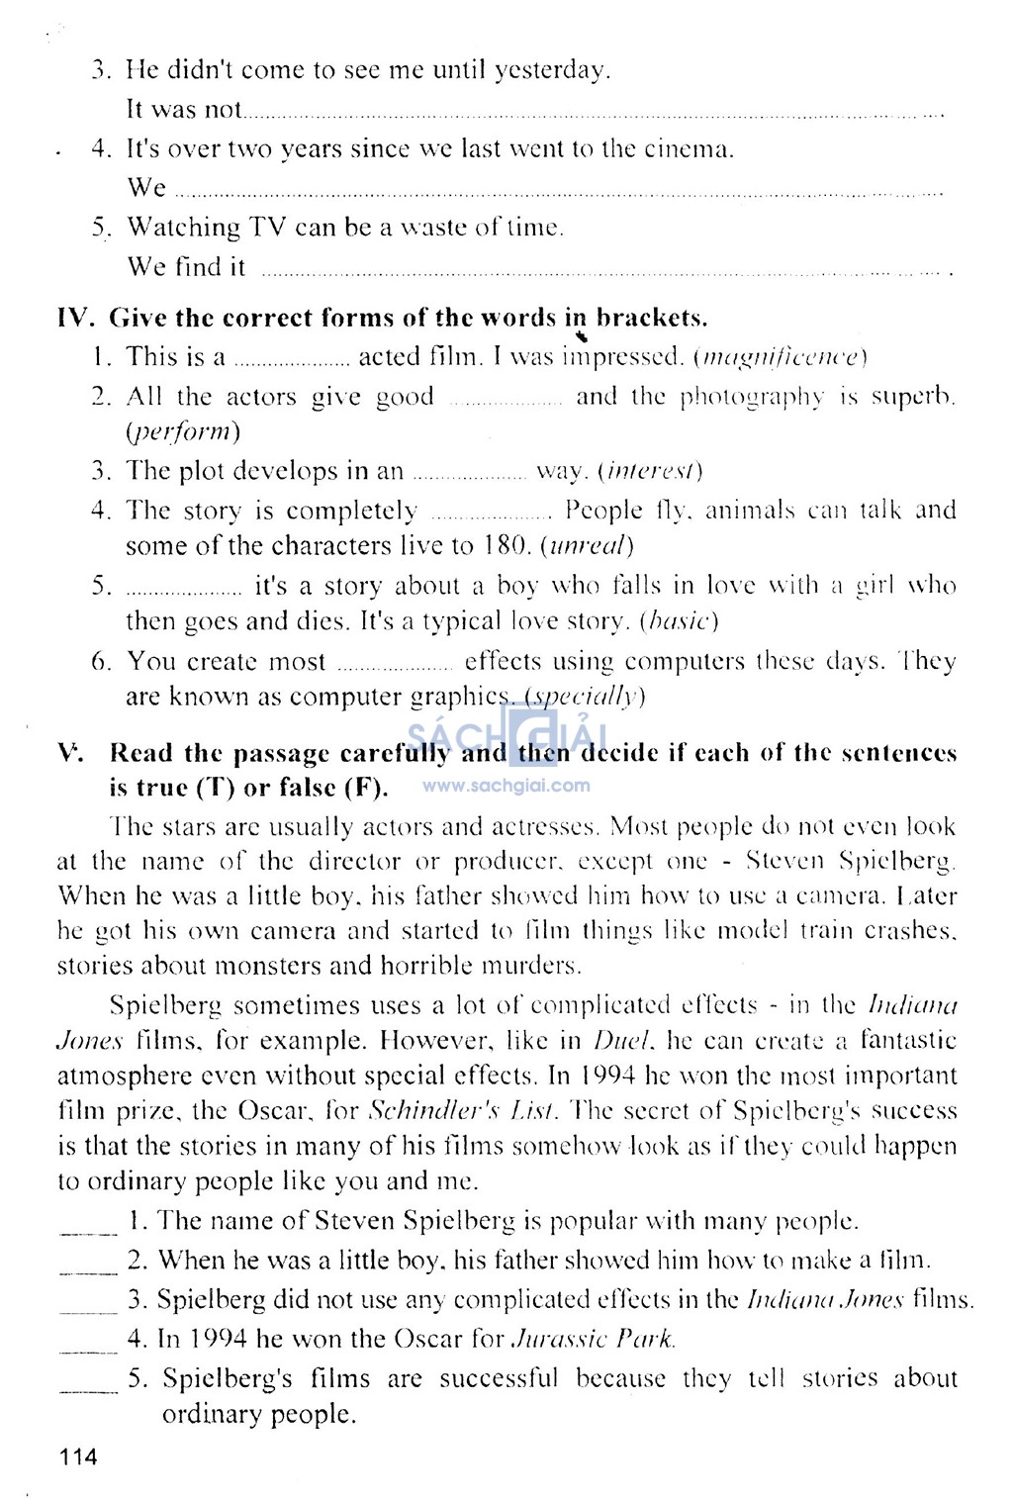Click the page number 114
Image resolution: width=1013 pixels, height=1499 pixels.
point(78,1456)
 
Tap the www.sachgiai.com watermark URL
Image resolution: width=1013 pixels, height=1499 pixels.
point(506,787)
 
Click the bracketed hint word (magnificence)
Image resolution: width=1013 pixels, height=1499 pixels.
point(782,357)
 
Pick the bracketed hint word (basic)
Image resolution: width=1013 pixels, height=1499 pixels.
point(679,621)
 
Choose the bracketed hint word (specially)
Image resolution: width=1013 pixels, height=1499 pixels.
point(585,697)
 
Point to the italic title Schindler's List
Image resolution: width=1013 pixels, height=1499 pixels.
point(462,1111)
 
